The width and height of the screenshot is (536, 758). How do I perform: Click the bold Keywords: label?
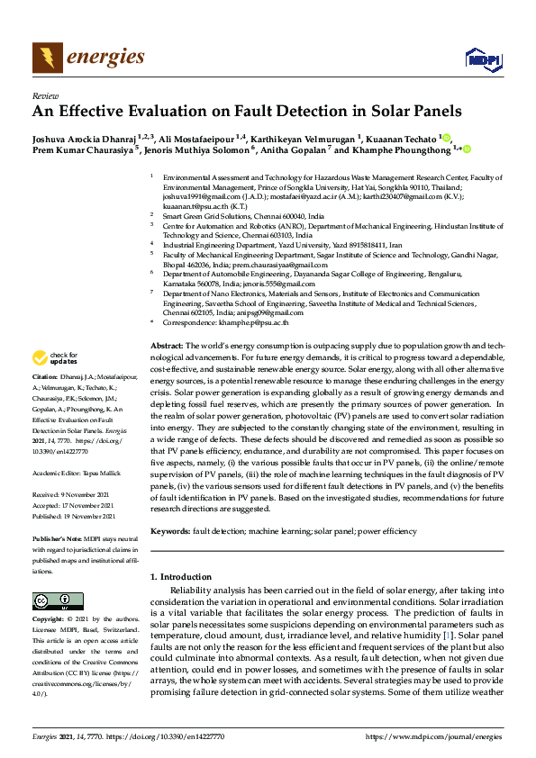pyautogui.click(x=170, y=531)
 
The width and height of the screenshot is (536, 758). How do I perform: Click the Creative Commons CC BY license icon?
pyautogui.click(x=58, y=601)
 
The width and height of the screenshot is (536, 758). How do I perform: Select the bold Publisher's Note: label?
pyautogui.click(x=57, y=537)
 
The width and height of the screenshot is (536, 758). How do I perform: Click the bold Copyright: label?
pyautogui.click(x=52, y=619)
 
